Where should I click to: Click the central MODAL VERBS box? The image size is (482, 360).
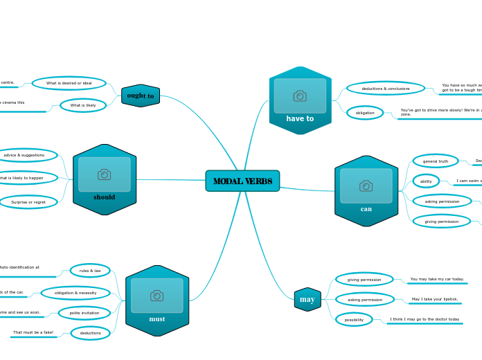click(242, 181)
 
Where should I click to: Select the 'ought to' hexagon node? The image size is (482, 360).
click(141, 96)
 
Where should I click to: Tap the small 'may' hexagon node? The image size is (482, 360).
click(307, 299)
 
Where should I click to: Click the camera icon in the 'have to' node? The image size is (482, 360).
click(300, 96)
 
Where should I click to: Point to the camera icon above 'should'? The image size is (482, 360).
click(105, 174)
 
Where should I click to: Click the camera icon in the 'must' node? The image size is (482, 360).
click(157, 296)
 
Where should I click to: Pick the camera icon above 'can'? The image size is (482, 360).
click(366, 186)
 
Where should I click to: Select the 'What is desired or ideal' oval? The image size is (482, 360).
click(69, 83)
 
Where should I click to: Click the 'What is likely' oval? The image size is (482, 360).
click(83, 105)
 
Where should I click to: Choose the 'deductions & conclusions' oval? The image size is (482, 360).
click(386, 88)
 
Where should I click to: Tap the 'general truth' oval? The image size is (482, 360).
click(436, 161)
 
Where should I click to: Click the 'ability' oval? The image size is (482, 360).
click(426, 181)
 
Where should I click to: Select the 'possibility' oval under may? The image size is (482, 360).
click(354, 319)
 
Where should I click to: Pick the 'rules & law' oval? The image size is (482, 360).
click(90, 270)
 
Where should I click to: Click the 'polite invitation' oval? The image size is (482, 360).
click(84, 313)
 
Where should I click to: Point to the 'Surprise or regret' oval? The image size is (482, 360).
click(28, 202)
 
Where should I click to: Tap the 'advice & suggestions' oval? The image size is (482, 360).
click(25, 155)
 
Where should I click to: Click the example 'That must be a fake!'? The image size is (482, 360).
click(33, 332)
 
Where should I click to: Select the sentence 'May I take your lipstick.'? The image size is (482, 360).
click(435, 299)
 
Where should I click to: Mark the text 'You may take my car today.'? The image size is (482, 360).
click(437, 279)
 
